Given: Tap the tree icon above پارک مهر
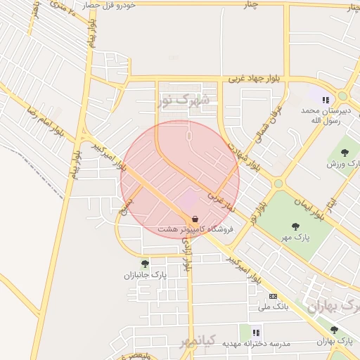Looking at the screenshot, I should pos(295,226).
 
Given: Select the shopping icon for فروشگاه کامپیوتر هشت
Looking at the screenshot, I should pos(195,219).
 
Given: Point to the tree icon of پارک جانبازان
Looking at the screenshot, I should pos(145,264).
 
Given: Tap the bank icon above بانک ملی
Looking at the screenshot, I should pos(273,296).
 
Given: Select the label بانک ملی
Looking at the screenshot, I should pos(274,307).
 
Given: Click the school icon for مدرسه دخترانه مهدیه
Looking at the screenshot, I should pos(257,332).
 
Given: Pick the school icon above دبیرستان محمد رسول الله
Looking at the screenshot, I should pos(326,100).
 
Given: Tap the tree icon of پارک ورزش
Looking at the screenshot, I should pos(345,152).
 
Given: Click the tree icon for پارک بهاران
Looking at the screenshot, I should pos(334,330).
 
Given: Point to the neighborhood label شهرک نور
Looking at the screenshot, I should pos(184,101).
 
